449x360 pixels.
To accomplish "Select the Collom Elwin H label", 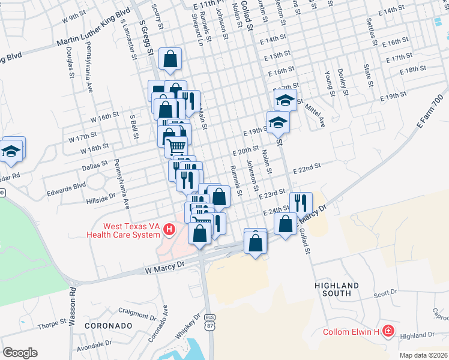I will pos(351,331).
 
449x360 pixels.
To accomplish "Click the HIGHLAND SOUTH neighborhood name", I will pos(337,289).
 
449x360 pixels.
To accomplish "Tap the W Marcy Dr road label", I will pos(163,271).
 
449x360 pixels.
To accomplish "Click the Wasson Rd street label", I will pos(71,313).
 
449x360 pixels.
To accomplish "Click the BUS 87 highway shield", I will pos(209,338).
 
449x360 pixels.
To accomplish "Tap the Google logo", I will pos(20,352).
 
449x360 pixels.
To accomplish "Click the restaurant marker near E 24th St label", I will pos(301,202).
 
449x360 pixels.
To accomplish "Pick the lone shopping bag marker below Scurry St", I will pos(170,59).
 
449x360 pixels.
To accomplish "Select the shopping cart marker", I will pos(175,146).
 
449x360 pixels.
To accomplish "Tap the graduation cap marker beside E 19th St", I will pos(278,122).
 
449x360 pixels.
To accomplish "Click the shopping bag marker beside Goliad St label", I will pos(286,223).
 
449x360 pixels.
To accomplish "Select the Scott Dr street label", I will pos(385,294).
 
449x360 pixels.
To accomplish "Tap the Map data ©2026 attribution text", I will pos(423,355).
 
